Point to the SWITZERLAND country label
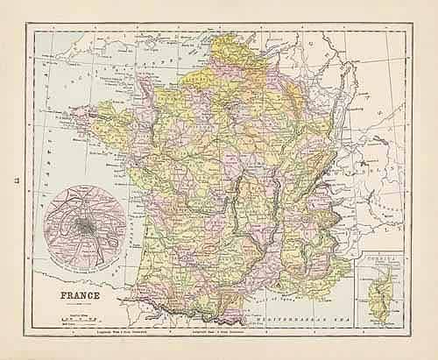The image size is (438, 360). point(368,166)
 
